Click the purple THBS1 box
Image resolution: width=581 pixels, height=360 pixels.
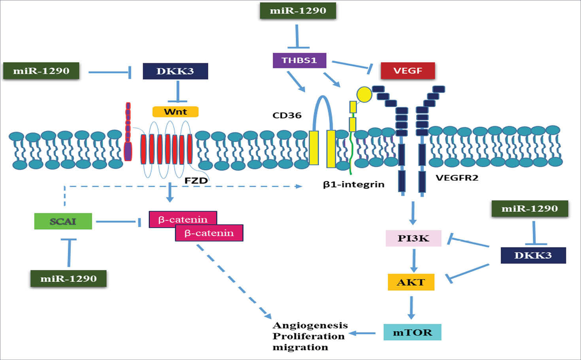pyautogui.click(x=299, y=60)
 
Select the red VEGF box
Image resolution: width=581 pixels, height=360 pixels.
pyautogui.click(x=407, y=71)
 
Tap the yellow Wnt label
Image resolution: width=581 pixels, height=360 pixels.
pyautogui.click(x=175, y=112)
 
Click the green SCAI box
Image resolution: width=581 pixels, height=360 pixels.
pyautogui.click(x=63, y=221)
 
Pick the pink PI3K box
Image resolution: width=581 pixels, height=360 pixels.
pyautogui.click(x=413, y=238)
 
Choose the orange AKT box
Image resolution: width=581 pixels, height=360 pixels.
pyautogui.click(x=411, y=282)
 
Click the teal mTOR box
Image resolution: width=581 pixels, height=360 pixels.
pyautogui.click(x=412, y=332)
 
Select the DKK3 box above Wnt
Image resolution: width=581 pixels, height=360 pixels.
pyautogui.click(x=175, y=71)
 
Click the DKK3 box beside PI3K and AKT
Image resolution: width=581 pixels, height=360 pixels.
pyautogui.click(x=533, y=255)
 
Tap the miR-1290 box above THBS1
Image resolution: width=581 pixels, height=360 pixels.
pyautogui.click(x=298, y=11)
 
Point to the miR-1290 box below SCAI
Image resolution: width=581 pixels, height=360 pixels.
pyautogui.click(x=68, y=279)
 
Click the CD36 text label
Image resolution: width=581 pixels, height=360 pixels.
pyautogui.click(x=287, y=115)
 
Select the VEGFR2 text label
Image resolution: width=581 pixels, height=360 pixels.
pyautogui.click(x=457, y=178)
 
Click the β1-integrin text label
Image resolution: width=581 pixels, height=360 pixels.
pyautogui.click(x=353, y=184)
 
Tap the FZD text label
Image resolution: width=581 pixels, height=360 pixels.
pyautogui.click(x=196, y=181)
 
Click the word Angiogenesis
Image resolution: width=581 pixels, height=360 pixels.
pyautogui.click(x=310, y=325)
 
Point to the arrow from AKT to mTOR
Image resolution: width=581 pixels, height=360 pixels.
pyautogui.click(x=411, y=307)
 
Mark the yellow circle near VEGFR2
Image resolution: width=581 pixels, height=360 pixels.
pyautogui.click(x=364, y=94)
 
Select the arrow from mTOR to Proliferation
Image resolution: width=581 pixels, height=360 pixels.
pyautogui.click(x=362, y=333)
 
